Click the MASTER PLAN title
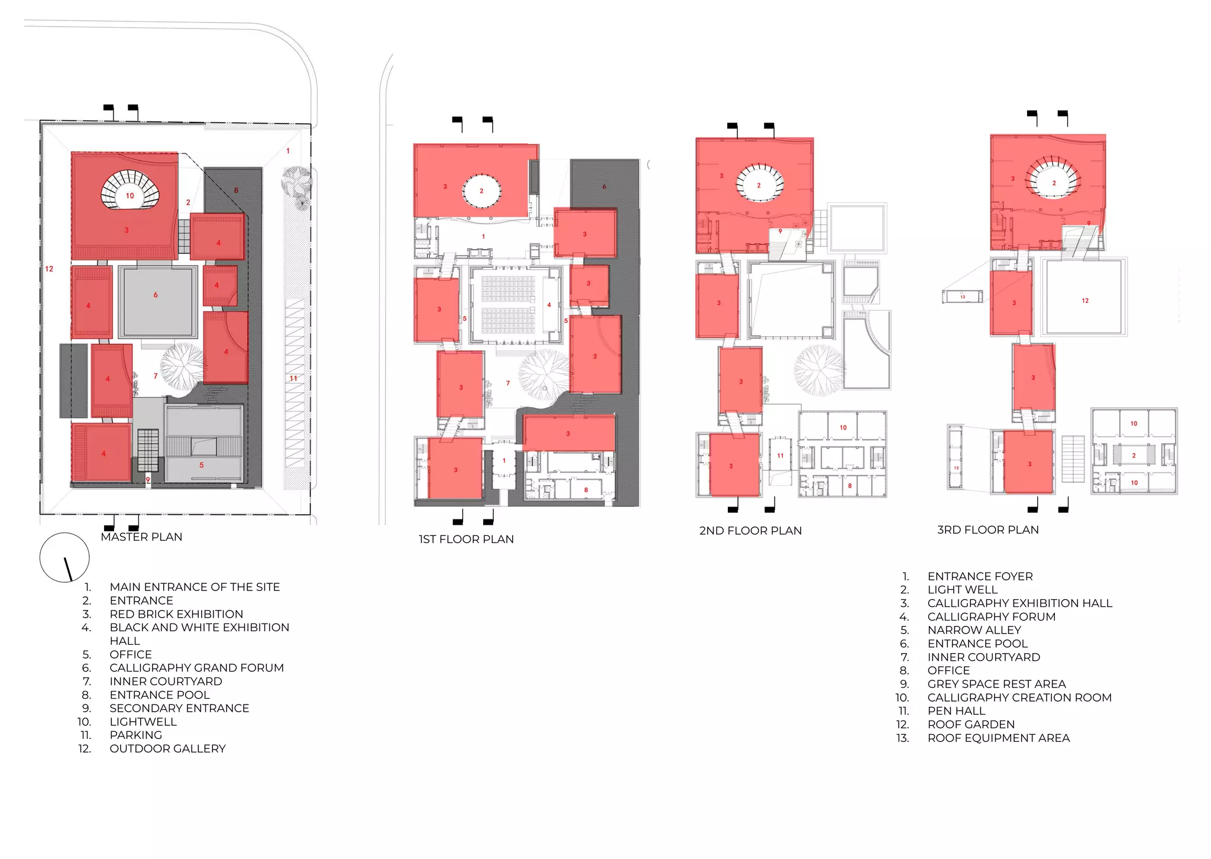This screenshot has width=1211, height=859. pyautogui.click(x=141, y=537)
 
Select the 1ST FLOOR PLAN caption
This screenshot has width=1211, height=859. pyautogui.click(x=466, y=539)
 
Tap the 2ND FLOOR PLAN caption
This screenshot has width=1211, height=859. pyautogui.click(x=750, y=531)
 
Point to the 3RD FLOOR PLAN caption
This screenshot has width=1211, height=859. pyautogui.click(x=987, y=529)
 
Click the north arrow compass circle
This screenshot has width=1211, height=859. pyautogui.click(x=64, y=557)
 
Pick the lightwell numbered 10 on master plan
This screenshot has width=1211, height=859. pyautogui.click(x=130, y=196)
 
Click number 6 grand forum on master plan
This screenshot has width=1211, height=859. pyautogui.click(x=156, y=295)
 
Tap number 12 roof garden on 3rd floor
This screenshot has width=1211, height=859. pyautogui.click(x=1085, y=301)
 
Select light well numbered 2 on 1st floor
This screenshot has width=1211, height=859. pyautogui.click(x=481, y=191)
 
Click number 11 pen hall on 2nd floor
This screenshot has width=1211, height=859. pyautogui.click(x=781, y=456)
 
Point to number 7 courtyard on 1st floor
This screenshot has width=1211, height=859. pyautogui.click(x=508, y=383)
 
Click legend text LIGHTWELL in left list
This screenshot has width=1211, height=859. pyautogui.click(x=143, y=722)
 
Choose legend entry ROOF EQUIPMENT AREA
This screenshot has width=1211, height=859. pyautogui.click(x=998, y=738)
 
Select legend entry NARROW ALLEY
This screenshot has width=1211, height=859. pyautogui.click(x=974, y=630)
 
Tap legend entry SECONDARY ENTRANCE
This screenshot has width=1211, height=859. pyautogui.click(x=179, y=708)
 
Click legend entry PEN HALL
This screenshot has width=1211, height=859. pyautogui.click(x=956, y=711)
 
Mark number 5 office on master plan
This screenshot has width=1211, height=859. pyautogui.click(x=202, y=465)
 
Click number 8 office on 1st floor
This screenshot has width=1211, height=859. pyautogui.click(x=586, y=490)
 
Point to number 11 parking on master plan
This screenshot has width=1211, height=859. pyautogui.click(x=293, y=378)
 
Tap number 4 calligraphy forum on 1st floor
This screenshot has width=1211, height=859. pyautogui.click(x=549, y=305)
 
